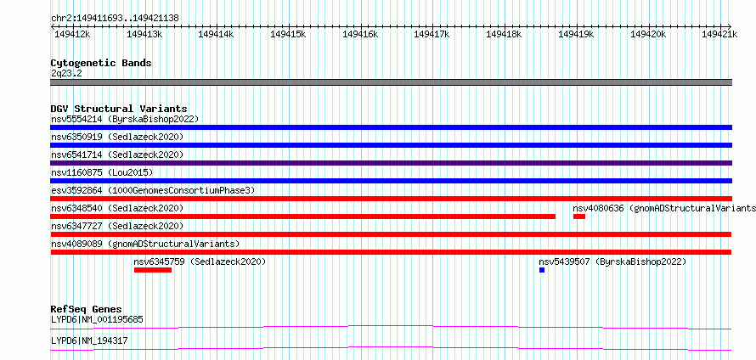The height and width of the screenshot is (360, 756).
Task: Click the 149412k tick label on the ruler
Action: (x=72, y=34)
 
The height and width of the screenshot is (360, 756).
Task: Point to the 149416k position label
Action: (x=360, y=34)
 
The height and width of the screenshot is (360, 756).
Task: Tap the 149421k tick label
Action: (x=719, y=34)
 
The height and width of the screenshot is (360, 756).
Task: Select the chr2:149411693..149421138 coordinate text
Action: (x=116, y=18)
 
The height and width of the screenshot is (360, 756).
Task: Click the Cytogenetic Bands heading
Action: (x=101, y=63)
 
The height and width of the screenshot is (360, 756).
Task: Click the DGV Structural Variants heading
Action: (x=119, y=109)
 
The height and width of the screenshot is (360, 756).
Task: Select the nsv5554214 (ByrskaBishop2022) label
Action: (x=125, y=119)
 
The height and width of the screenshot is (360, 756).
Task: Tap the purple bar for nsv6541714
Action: (x=391, y=163)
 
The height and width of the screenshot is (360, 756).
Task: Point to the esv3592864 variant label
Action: (x=153, y=190)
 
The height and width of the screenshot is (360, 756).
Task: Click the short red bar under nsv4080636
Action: (x=579, y=217)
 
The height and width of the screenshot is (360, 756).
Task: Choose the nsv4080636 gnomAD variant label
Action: (x=664, y=208)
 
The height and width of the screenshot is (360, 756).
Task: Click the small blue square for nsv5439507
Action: (x=542, y=270)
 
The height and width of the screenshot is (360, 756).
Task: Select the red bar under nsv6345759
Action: (x=153, y=270)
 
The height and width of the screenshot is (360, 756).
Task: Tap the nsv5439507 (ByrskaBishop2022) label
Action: (x=612, y=262)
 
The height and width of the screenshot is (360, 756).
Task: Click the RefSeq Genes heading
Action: (x=87, y=309)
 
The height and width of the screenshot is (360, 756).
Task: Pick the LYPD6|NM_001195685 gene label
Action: (x=97, y=319)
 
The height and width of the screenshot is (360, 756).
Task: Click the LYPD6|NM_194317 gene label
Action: (x=89, y=340)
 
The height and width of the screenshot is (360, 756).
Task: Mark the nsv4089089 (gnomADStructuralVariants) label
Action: (x=145, y=244)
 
